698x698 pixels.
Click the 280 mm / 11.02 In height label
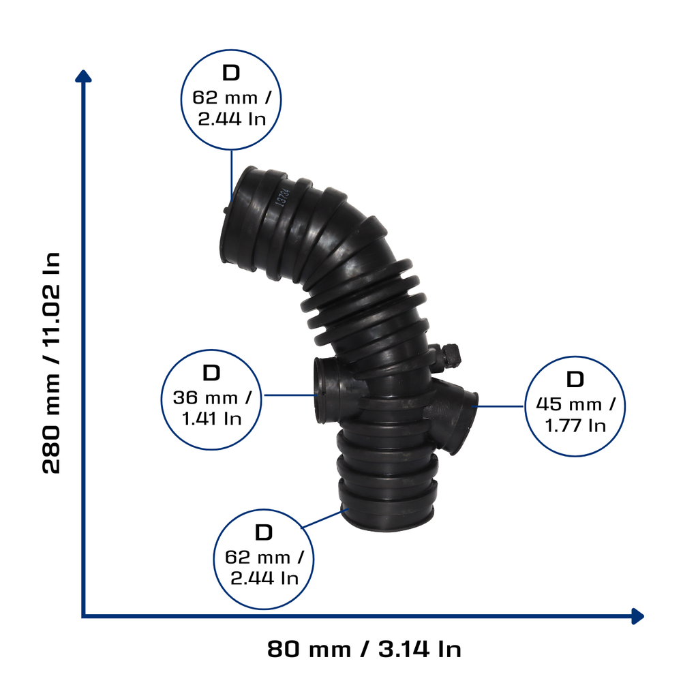(x=51, y=363)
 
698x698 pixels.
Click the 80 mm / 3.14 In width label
(x=364, y=649)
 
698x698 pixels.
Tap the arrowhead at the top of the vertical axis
(x=83, y=76)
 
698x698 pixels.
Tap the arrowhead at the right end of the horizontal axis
(x=638, y=616)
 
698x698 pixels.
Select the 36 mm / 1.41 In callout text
(x=213, y=408)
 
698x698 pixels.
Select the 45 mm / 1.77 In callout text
(x=575, y=415)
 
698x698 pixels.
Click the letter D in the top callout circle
(x=231, y=72)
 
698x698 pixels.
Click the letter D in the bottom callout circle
(x=264, y=532)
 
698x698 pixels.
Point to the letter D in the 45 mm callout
(x=575, y=380)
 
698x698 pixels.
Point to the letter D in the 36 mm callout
(x=211, y=373)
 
